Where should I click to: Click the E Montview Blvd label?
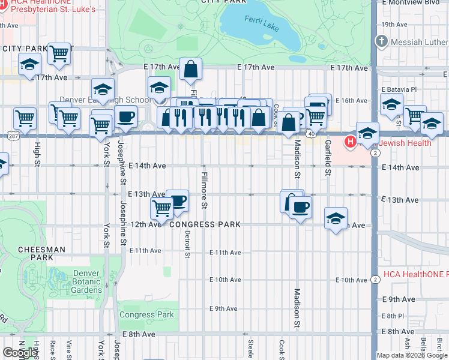(x=414, y=3)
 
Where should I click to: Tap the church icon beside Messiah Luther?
(x=381, y=41)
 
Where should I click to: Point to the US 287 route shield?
(x=13, y=136)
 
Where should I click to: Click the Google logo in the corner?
(x=20, y=353)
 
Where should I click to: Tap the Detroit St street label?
(x=187, y=244)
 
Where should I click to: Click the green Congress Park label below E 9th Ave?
(x=146, y=314)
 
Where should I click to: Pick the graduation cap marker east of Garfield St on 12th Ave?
(x=336, y=218)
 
